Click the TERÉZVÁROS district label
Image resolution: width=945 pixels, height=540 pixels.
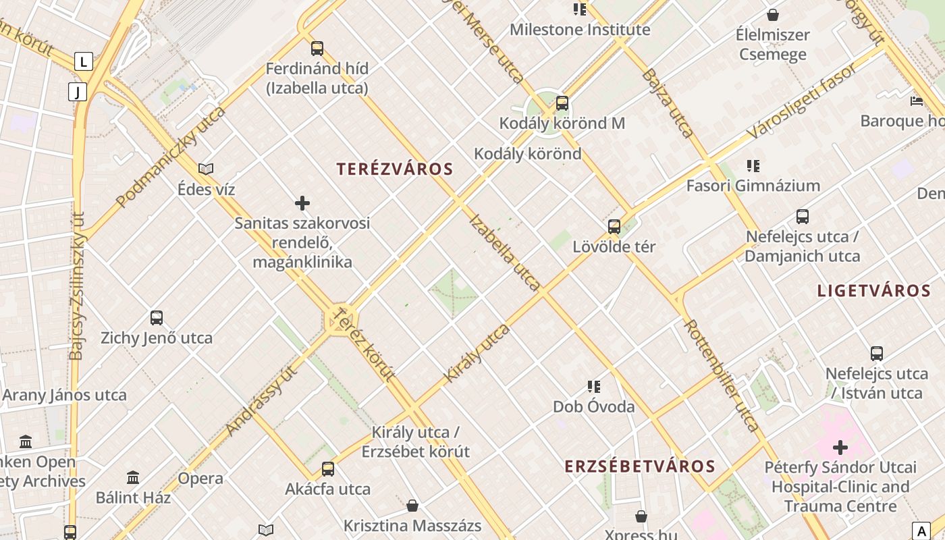pos(395,169)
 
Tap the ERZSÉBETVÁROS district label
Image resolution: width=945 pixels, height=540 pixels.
pos(640,466)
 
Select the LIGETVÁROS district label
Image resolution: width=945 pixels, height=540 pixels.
pos(874,291)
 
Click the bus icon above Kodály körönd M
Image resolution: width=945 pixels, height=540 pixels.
pos(562,103)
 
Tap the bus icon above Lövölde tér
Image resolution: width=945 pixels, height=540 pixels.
pos(614,227)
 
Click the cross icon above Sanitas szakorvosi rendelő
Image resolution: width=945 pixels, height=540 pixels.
pos(302,203)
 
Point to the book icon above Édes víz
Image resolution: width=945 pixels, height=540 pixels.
pos(206,169)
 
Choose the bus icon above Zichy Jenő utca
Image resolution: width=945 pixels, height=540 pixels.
pos(157,318)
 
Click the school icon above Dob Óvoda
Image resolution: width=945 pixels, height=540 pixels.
pos(594,387)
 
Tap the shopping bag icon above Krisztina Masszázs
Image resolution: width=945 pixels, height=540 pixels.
pos(412,506)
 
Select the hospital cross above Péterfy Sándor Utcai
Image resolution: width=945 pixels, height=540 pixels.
pos(840,447)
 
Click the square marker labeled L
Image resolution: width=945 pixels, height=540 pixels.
pos(83,62)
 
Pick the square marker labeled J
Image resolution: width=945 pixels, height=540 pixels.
pos(78,92)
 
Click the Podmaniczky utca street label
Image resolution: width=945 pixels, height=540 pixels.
pos(170,157)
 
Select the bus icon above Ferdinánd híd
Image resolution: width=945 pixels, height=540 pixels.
pos(317,49)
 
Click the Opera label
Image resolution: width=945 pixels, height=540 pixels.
pos(200,479)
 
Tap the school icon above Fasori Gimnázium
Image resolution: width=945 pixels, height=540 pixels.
pos(753,166)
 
